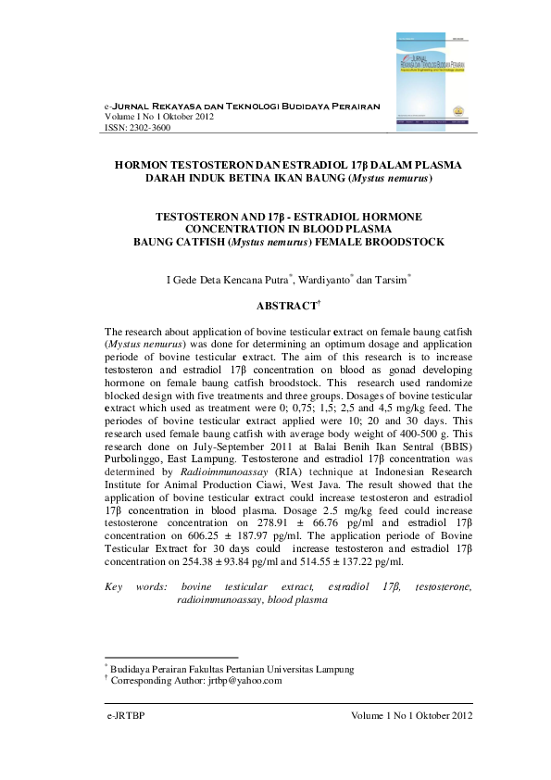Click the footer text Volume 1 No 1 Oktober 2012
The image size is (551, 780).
point(412,716)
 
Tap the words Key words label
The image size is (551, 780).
point(137,587)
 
